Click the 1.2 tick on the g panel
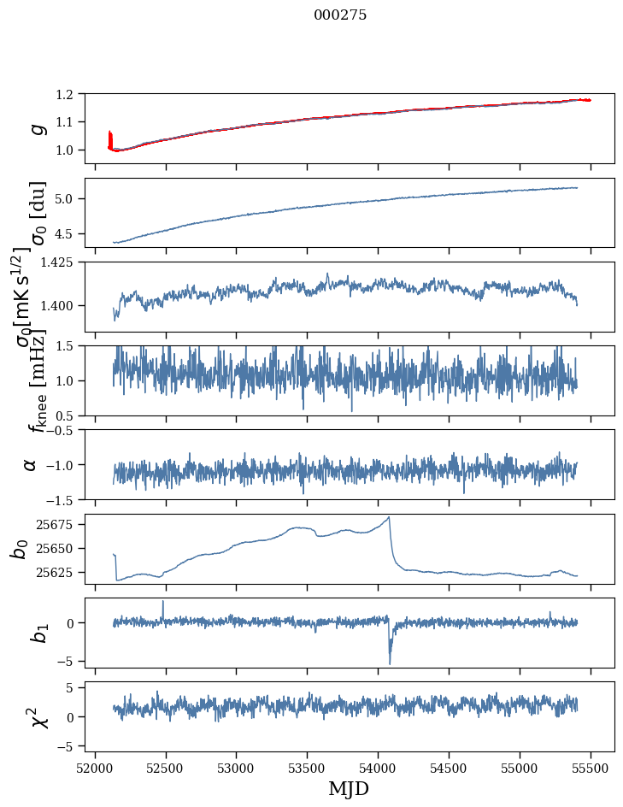pos(73,94)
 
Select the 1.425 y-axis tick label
pos(65,262)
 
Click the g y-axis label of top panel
pos(37,129)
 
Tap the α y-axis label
pos(31,464)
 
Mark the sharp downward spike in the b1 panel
pos(390,663)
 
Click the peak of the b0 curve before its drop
pos(389,517)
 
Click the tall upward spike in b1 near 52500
pos(163,601)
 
